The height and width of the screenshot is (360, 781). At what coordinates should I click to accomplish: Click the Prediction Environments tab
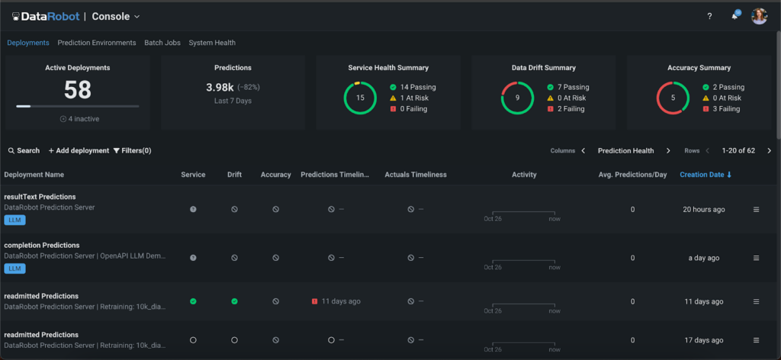pyautogui.click(x=97, y=43)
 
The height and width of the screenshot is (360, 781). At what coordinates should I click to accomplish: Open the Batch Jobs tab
pyautogui.click(x=162, y=43)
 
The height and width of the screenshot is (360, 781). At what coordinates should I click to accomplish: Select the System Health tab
pyautogui.click(x=212, y=43)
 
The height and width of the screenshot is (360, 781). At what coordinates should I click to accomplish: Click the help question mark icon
pyautogui.click(x=709, y=16)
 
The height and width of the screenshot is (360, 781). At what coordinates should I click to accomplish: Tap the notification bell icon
pyautogui.click(x=734, y=16)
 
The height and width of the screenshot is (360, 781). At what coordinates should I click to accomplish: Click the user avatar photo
pyautogui.click(x=759, y=16)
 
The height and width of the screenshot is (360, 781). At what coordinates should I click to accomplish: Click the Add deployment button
pyautogui.click(x=79, y=151)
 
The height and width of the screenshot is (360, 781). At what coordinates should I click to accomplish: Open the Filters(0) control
pyautogui.click(x=132, y=151)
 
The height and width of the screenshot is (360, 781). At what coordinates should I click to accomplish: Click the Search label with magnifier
pyautogui.click(x=24, y=151)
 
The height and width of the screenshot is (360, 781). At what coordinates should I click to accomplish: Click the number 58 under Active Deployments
pyautogui.click(x=78, y=90)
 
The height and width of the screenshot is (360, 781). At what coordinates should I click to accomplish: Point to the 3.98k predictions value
pyautogui.click(x=220, y=88)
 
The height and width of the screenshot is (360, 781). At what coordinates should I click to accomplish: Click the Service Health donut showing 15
pyautogui.click(x=360, y=98)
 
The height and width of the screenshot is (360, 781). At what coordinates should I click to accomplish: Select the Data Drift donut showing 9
pyautogui.click(x=517, y=98)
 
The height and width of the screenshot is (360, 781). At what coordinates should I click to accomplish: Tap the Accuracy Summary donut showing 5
pyautogui.click(x=673, y=98)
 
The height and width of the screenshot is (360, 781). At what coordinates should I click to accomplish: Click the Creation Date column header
pyautogui.click(x=705, y=175)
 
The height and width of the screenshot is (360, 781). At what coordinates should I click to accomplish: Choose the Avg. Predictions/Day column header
pyautogui.click(x=632, y=175)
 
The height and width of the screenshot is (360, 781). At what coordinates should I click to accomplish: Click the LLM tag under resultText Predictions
pyautogui.click(x=14, y=220)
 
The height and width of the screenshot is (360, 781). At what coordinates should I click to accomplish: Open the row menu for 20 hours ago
pyautogui.click(x=756, y=209)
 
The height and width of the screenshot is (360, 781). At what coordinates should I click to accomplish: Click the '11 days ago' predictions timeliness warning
pyautogui.click(x=336, y=301)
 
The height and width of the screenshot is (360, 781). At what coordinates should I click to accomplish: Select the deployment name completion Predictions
pyautogui.click(x=42, y=246)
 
